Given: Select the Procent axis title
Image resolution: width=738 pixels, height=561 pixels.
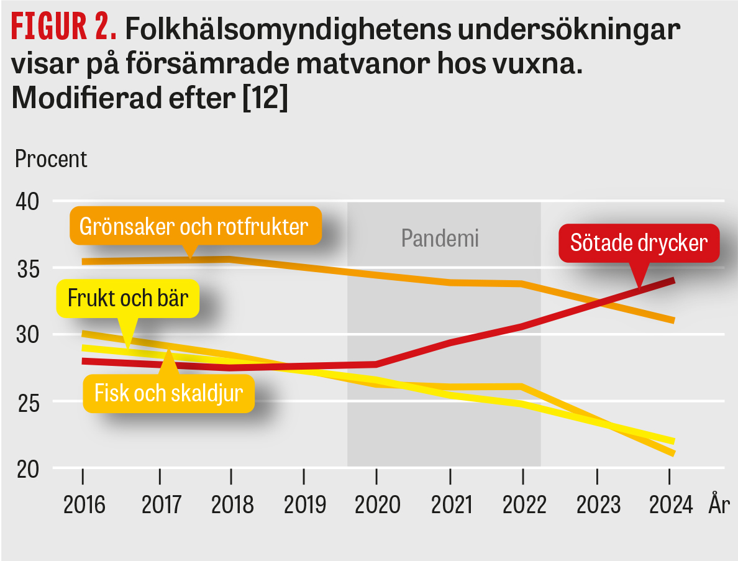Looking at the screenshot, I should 51,160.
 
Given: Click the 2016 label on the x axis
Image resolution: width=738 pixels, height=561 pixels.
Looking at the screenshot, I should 84,504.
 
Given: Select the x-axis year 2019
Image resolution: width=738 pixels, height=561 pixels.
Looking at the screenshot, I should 304,504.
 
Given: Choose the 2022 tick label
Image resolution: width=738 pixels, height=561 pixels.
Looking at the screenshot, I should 524,504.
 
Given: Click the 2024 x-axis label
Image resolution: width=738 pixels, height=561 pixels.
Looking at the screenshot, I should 670,504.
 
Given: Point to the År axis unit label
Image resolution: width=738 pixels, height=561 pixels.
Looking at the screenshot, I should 718,504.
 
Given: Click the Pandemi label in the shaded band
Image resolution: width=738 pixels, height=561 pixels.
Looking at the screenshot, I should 440,238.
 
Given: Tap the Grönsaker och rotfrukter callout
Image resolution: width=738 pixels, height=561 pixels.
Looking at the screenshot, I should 194,226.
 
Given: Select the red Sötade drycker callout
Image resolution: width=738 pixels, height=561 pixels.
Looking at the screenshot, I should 639,242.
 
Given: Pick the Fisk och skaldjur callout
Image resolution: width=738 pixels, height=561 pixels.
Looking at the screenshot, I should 168,393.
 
